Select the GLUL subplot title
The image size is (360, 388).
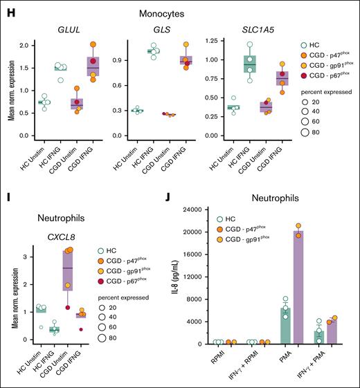pos(61,30)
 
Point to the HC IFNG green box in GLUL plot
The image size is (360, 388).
pos(62,68)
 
